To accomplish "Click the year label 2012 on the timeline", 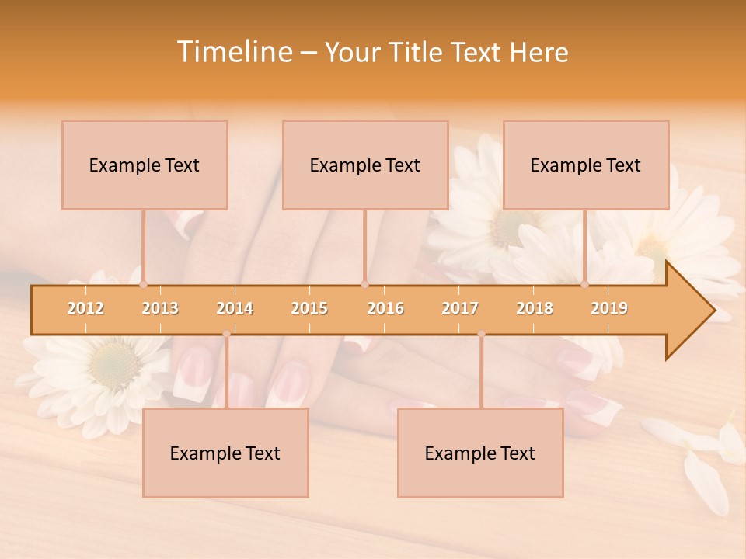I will (85, 308).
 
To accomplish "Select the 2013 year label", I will (160, 308).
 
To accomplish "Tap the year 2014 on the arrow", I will (235, 308).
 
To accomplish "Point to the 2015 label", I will (309, 308).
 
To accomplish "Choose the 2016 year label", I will (385, 308).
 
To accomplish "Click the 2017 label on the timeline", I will (460, 308).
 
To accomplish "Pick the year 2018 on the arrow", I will (535, 308).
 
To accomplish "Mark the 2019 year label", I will (609, 308).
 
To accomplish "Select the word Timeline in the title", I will (233, 52).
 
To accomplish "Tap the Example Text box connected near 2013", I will (145, 165).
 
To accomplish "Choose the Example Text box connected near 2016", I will (365, 165).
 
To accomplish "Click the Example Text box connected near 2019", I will (586, 165).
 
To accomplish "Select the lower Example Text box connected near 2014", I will (225, 453).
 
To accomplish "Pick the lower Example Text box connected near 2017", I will (480, 453).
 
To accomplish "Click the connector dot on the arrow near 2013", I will (143, 285).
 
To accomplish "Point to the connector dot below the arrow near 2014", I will (226, 334).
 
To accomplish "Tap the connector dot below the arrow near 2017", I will (481, 334).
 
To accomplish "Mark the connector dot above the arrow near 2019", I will (584, 285).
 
